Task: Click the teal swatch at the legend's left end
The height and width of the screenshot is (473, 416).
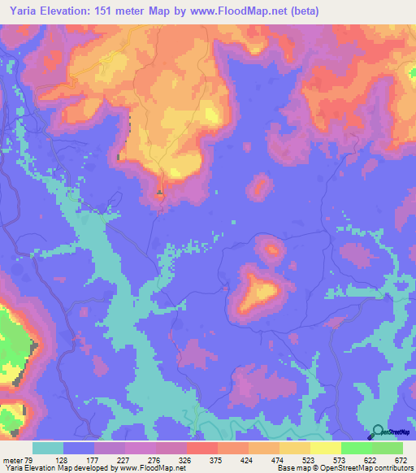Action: coord(48,448)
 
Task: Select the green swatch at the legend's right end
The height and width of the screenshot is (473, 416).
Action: coord(388,448)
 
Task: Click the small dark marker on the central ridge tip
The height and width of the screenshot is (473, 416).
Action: coord(159,193)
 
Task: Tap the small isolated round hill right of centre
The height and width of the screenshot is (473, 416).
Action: coord(260,188)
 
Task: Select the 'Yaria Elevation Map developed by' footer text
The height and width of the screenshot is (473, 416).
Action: coord(49,468)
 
